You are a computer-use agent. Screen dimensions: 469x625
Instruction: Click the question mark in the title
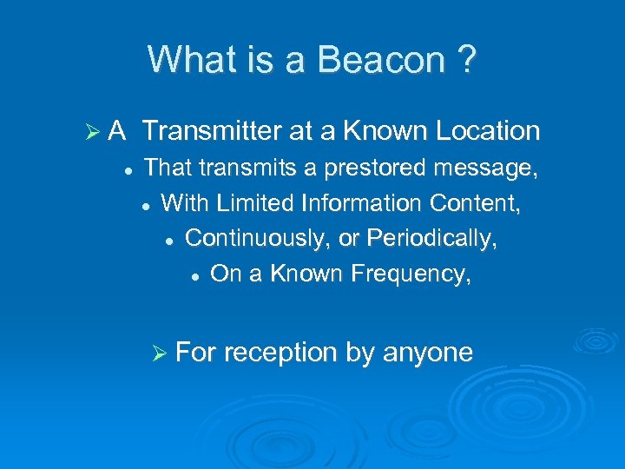pos(465,60)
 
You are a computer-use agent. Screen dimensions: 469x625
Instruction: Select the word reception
pos(281,353)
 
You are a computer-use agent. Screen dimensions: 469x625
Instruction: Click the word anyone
pos(428,353)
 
